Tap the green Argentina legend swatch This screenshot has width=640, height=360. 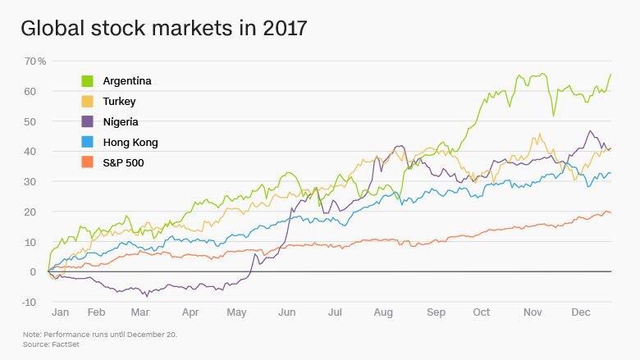[x=87, y=81]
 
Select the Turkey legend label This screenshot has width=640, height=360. [x=119, y=102]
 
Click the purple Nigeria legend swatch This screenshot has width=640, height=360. [x=87, y=122]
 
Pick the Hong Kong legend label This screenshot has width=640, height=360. [x=130, y=143]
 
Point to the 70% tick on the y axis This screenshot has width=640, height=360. [x=34, y=62]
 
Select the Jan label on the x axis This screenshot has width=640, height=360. [x=60, y=312]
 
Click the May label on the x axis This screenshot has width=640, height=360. [x=236, y=312]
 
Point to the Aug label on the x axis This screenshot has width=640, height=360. [x=383, y=312]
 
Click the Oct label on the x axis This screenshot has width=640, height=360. [x=482, y=312]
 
